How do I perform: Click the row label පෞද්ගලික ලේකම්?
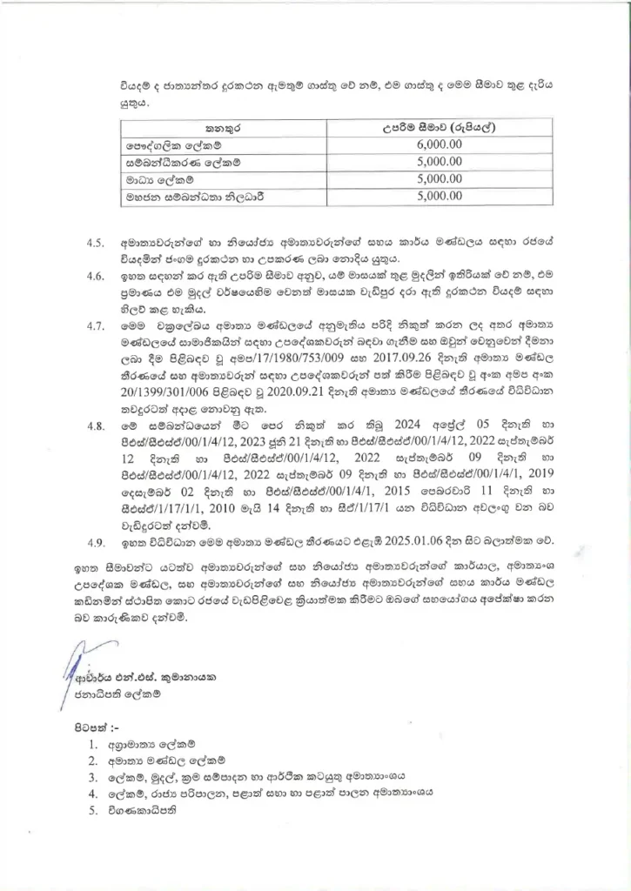[170, 145]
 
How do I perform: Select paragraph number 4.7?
[96, 327]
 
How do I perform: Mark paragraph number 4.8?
[96, 427]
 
